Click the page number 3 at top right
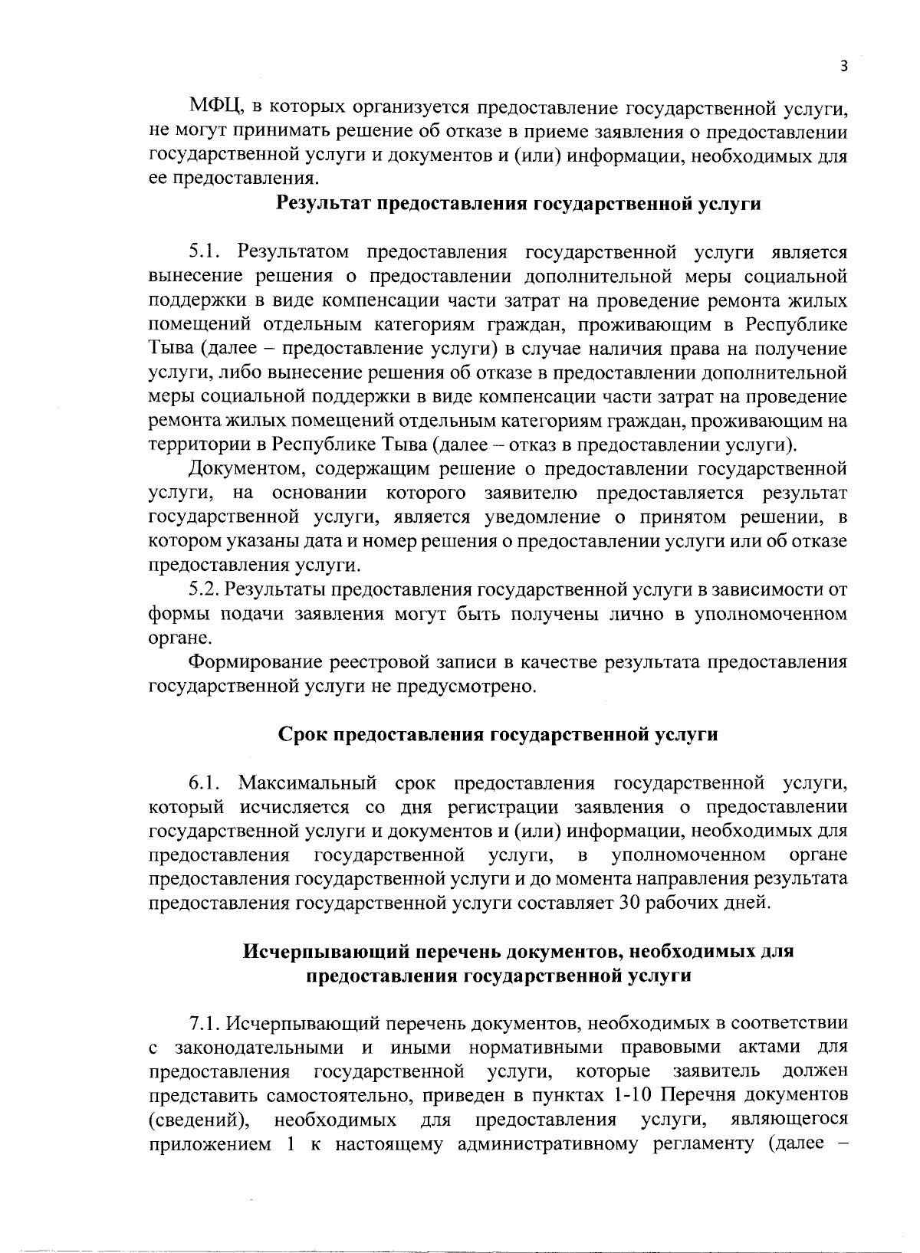click(843, 67)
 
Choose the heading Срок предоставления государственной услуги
click(498, 734)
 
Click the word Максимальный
click(307, 782)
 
